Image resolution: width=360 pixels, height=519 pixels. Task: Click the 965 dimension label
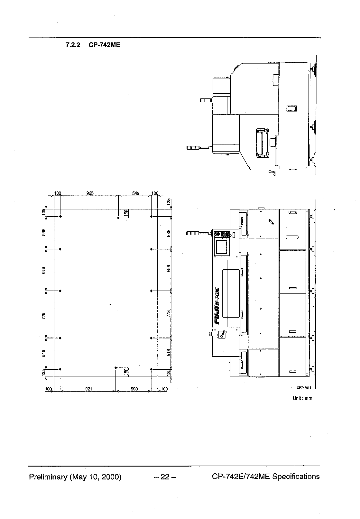90,193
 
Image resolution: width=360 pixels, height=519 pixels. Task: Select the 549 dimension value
135,193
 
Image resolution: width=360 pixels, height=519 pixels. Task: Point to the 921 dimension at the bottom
89,389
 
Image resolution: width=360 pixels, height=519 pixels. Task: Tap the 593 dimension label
134,389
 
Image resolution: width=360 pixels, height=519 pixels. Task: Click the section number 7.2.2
73,45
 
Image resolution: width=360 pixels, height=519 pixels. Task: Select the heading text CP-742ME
104,45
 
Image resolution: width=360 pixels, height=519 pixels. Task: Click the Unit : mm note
302,398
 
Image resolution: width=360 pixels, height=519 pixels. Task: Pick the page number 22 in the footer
165,477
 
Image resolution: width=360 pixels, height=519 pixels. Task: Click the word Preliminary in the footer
47,477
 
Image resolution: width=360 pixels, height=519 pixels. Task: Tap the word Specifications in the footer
296,477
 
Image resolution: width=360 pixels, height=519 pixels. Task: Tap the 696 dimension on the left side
44,270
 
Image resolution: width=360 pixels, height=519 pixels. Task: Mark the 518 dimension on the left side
44,353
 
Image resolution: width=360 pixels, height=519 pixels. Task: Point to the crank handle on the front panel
222,335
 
